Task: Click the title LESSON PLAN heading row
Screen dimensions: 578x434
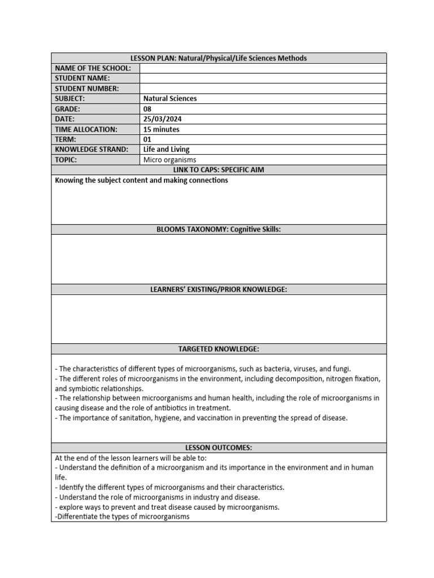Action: click(x=219, y=58)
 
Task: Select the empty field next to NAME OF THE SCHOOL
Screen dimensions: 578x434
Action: click(x=263, y=68)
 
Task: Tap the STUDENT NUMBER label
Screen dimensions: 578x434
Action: click(x=86, y=89)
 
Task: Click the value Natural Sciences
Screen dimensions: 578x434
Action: click(x=170, y=99)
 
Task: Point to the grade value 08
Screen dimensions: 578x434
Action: click(x=147, y=109)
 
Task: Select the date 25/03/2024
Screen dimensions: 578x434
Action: click(x=163, y=119)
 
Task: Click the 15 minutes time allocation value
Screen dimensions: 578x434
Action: click(x=162, y=129)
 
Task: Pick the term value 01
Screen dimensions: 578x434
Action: click(x=147, y=139)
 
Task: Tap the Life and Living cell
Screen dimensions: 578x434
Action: click(x=167, y=150)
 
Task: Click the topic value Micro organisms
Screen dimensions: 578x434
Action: click(x=170, y=160)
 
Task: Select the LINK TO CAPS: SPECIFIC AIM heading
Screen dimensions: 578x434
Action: click(x=219, y=170)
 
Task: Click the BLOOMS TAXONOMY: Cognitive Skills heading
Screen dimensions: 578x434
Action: click(x=219, y=229)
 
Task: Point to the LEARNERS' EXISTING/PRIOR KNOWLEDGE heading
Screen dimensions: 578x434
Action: click(x=219, y=290)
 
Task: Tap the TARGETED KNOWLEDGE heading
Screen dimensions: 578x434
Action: click(x=219, y=349)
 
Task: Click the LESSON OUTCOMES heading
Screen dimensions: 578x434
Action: click(x=219, y=448)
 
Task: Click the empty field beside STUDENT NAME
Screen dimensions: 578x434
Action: click(x=263, y=78)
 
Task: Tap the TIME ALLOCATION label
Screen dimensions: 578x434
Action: click(x=86, y=129)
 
